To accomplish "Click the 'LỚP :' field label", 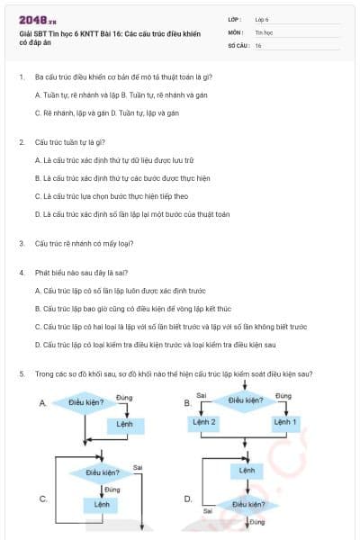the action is [235, 19].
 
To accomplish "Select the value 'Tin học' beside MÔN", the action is [263, 31].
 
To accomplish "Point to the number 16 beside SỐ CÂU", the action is [258, 44].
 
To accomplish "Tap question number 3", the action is [21, 244].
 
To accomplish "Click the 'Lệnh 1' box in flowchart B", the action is [284, 422].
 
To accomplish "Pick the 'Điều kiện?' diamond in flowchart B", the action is [246, 400].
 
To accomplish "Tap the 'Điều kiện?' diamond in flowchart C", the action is [103, 472].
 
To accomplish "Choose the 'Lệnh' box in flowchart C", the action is [103, 505].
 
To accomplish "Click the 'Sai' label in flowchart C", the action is [138, 467].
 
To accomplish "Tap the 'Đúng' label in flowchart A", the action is [124, 396].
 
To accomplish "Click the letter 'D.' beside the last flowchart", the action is [188, 498].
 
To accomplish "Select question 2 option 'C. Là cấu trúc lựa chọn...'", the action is [111, 195].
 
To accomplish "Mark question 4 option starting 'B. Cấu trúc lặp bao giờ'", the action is [132, 309].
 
